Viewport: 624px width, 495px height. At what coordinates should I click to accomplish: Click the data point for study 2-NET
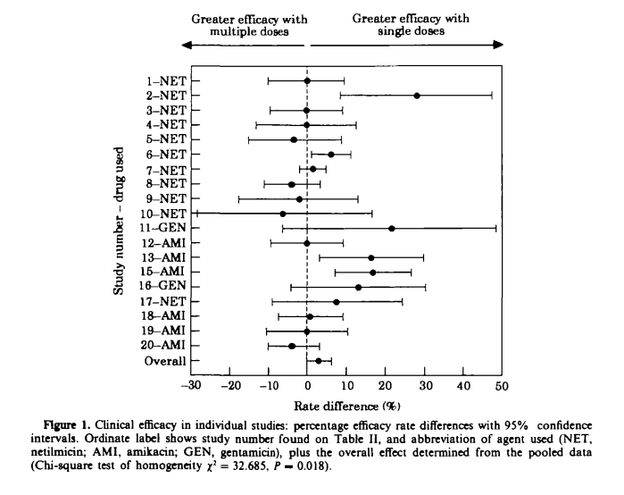[417, 95]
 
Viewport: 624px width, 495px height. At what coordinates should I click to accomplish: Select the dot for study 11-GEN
[392, 228]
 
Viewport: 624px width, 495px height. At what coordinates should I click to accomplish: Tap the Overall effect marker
[319, 360]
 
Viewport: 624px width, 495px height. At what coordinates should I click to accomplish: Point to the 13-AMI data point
[371, 257]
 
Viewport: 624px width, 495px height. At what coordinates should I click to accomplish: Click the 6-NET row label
[167, 154]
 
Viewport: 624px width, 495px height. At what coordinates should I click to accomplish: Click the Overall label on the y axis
[165, 361]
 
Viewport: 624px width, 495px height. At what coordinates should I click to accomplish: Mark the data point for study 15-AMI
[372, 272]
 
